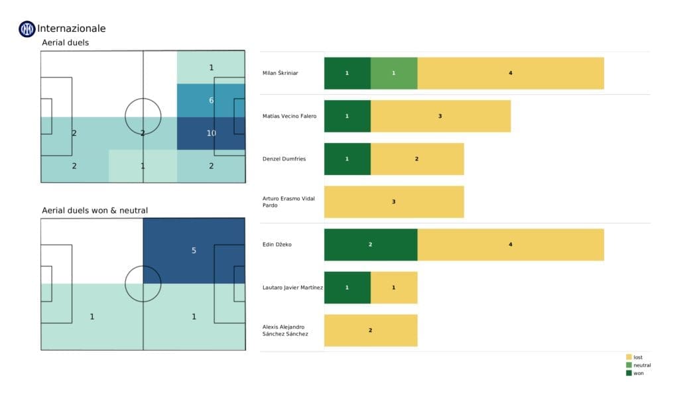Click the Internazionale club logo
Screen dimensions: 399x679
pos(27,28)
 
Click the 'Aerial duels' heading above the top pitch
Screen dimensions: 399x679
pos(65,42)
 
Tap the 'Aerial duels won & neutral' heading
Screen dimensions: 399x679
pos(94,211)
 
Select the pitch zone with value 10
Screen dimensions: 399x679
pos(211,133)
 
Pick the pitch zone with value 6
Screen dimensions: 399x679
pos(211,100)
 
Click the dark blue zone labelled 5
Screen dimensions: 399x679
pos(194,251)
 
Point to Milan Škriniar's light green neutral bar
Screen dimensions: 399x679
pos(394,73)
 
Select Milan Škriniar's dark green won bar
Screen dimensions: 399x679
pos(347,73)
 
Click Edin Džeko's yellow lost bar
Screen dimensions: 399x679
pos(511,245)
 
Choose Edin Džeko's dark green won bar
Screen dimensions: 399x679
pos(370,245)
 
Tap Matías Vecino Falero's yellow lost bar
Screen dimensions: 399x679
pos(440,116)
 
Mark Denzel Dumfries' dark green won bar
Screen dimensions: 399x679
pos(347,159)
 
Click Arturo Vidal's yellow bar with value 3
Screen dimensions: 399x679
pos(394,201)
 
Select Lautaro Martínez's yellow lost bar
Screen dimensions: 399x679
pos(394,287)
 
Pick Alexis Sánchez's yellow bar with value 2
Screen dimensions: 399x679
pos(370,330)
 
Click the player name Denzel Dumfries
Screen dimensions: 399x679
pos(284,159)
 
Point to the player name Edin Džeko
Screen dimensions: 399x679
pos(277,245)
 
